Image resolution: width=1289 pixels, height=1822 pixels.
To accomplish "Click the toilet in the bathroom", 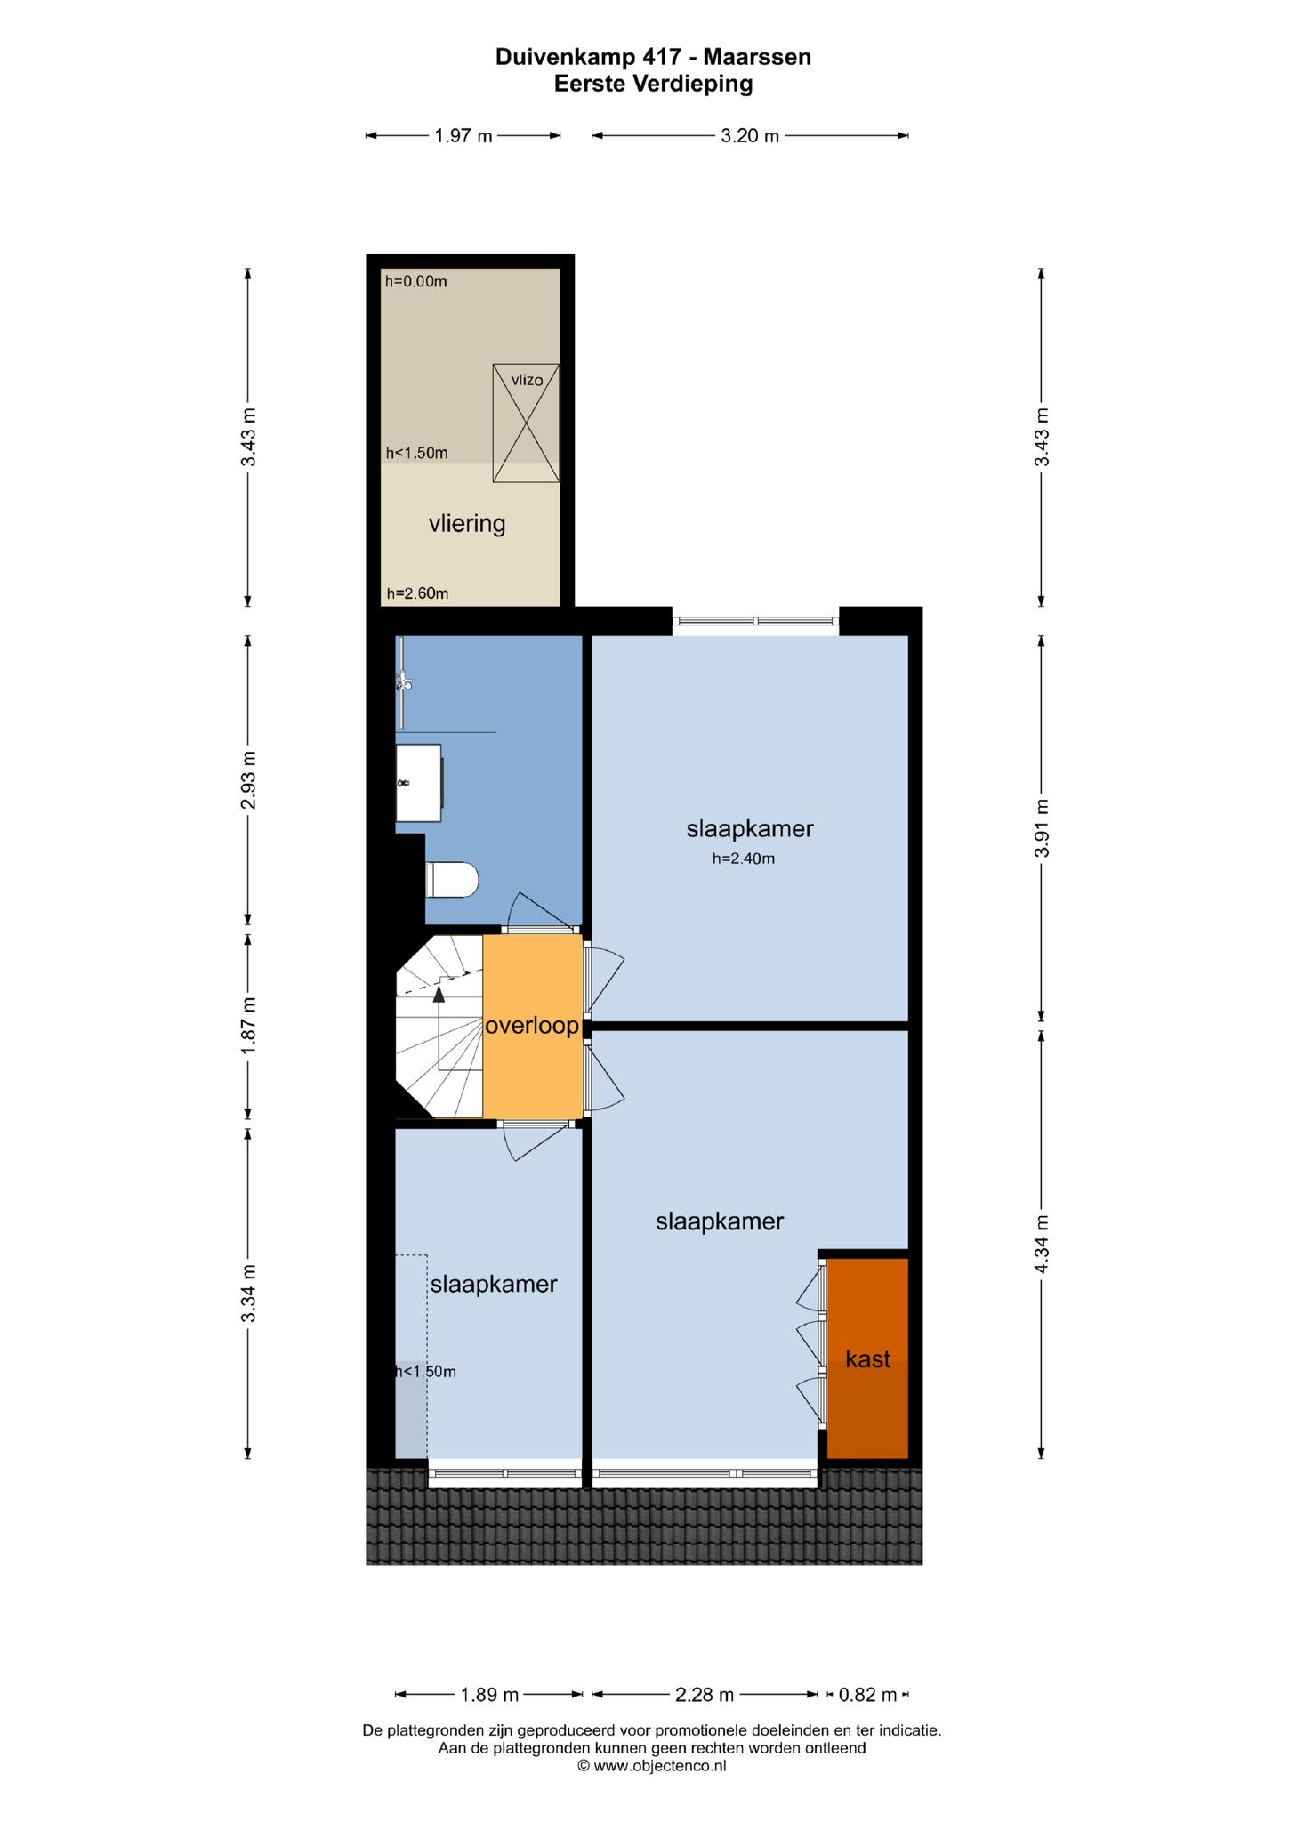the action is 453,881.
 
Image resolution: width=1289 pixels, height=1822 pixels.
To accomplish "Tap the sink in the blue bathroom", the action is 420,783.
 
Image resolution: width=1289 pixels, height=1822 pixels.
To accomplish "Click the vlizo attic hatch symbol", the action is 527,423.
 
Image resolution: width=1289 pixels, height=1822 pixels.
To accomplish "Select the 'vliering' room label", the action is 467,524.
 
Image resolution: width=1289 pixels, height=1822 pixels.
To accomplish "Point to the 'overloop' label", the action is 532,1026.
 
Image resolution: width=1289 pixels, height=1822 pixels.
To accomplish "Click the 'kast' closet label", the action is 868,1358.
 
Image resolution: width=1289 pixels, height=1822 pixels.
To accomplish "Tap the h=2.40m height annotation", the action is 744,859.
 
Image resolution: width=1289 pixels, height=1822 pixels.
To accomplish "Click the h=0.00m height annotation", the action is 416,282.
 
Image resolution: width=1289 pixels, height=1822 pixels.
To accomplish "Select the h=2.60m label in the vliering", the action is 417,593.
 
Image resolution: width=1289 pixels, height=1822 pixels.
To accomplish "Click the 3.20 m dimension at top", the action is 750,136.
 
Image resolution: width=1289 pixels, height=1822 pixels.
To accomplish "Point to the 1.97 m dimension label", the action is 463,136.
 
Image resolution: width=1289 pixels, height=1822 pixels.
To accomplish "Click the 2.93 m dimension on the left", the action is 249,780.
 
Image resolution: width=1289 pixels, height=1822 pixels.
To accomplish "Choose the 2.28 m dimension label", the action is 705,1695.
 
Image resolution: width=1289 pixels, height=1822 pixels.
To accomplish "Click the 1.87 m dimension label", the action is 249,1026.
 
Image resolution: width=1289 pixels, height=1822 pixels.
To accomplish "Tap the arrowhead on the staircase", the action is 439,995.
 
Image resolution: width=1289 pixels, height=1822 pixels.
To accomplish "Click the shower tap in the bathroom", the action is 404,682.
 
